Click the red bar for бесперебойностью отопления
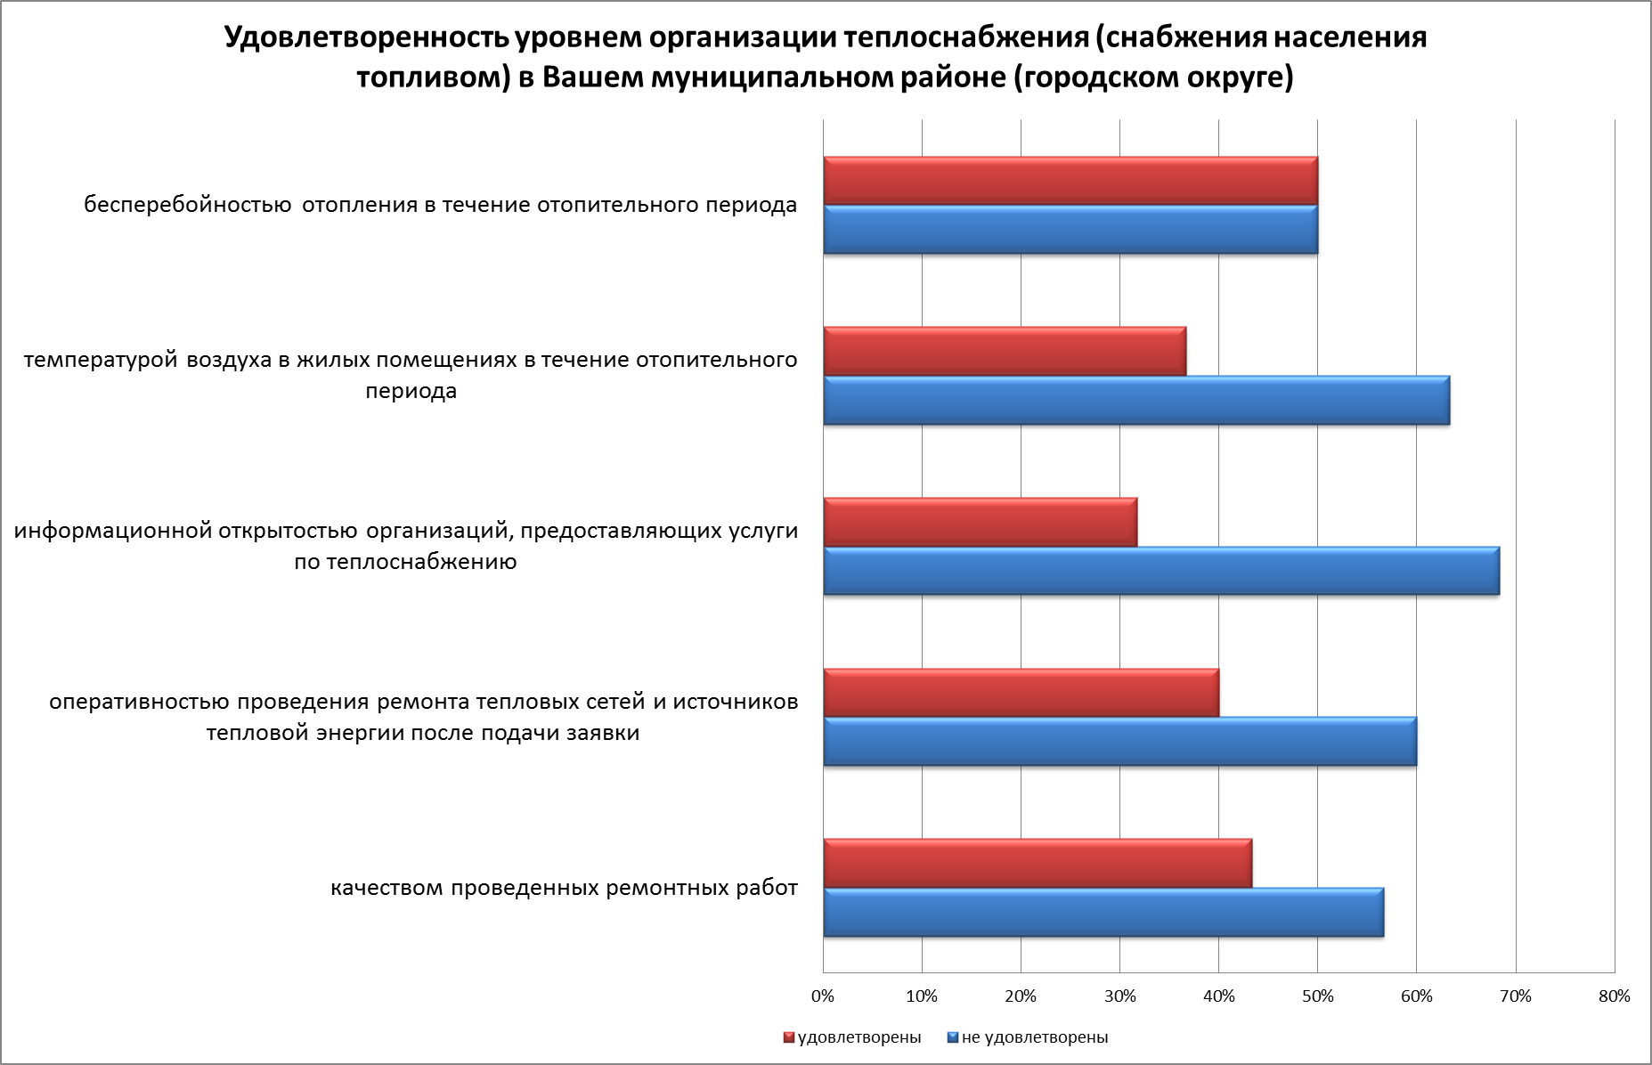click(x=1070, y=181)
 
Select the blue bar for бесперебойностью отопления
click(x=1070, y=230)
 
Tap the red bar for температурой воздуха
click(x=1004, y=351)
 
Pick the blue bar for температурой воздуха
click(x=1135, y=401)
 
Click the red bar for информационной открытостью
click(x=980, y=522)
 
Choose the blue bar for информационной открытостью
click(x=1160, y=571)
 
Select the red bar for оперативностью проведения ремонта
click(x=1021, y=692)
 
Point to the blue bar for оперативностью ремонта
click(x=1119, y=741)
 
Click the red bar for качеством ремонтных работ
click(x=1037, y=863)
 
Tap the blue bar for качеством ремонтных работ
click(x=1103, y=912)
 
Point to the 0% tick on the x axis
click(x=824, y=996)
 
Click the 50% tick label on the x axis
click(x=1318, y=996)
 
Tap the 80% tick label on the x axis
click(x=1614, y=996)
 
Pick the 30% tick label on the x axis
click(x=1120, y=996)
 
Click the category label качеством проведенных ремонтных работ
click(x=564, y=888)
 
